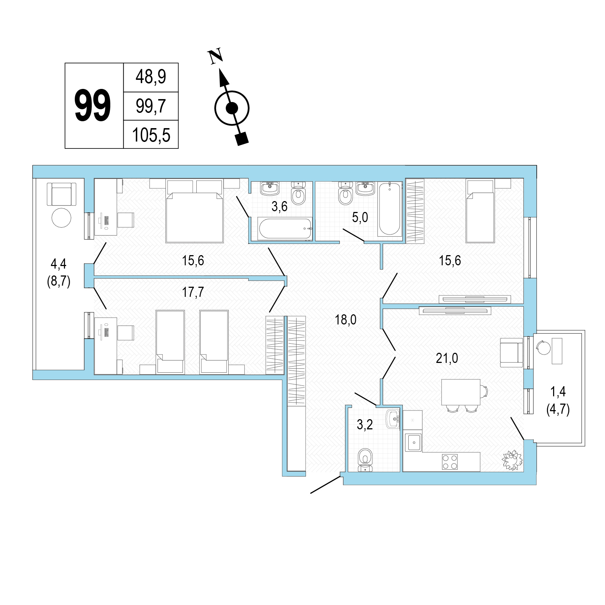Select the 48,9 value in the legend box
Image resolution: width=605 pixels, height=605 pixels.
click(151, 77)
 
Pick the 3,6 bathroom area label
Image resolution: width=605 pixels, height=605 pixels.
click(279, 207)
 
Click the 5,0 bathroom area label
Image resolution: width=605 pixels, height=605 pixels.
click(360, 217)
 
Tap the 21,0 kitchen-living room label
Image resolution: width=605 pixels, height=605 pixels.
click(447, 359)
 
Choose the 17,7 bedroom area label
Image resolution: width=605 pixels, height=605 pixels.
click(193, 292)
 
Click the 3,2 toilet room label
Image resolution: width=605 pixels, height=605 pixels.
click(365, 425)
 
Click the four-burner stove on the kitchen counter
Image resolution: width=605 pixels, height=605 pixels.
click(450, 462)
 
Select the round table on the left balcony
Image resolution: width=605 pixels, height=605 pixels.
click(62, 217)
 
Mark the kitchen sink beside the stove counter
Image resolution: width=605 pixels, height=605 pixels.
click(413, 442)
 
